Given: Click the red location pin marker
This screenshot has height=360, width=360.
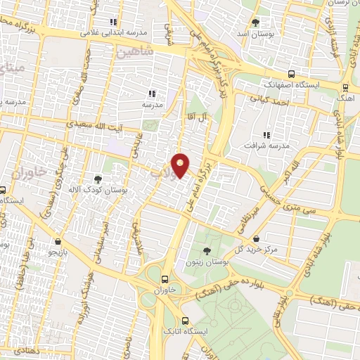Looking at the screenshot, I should point(181,165).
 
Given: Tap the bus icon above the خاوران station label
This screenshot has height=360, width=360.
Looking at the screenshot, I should point(165,278).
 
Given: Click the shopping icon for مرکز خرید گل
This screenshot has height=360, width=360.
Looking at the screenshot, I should point(257,238).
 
